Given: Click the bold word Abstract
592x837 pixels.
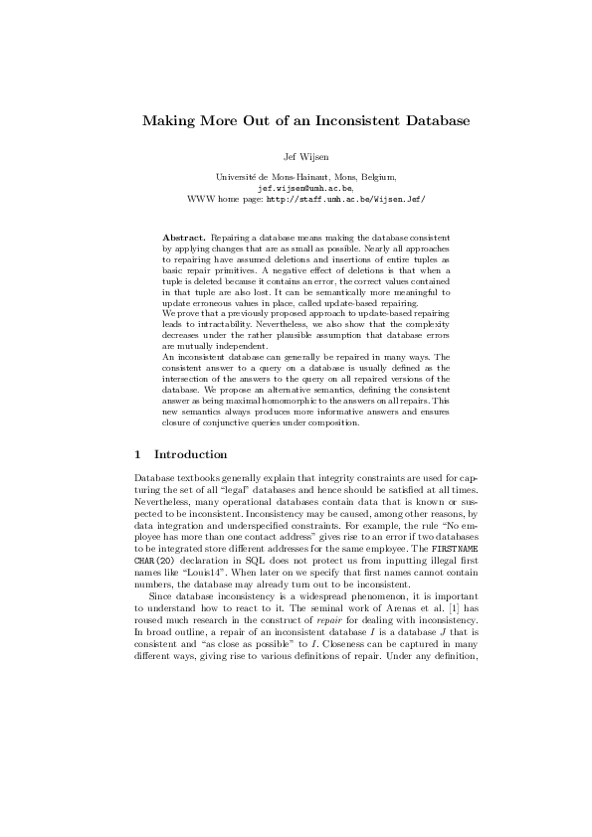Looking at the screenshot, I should (185, 240).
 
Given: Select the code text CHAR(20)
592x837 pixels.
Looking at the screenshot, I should (154, 550).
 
